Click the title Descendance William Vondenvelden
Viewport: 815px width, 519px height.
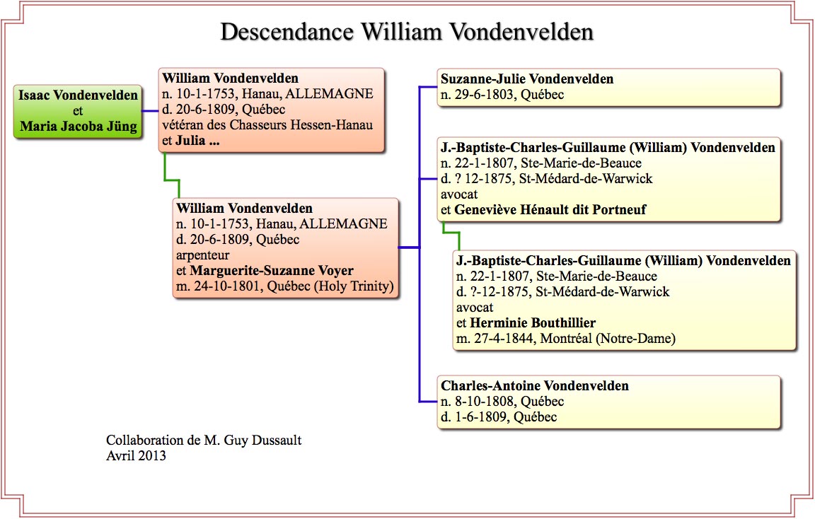pos(407,32)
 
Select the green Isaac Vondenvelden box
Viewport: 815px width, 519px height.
pos(78,111)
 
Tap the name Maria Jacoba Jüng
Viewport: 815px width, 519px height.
pos(79,127)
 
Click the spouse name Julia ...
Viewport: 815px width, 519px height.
pos(190,140)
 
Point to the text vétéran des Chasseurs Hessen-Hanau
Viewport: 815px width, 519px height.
pos(267,124)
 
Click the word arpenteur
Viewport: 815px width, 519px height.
pos(203,255)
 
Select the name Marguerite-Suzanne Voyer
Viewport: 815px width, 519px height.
pos(272,271)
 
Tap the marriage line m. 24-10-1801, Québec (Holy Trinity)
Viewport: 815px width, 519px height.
pos(285,286)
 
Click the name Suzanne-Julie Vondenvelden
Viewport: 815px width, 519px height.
pos(527,79)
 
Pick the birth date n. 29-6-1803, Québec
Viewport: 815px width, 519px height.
pos(502,95)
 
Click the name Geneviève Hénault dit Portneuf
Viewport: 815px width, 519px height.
pos(550,210)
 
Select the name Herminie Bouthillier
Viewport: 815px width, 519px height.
pos(533,323)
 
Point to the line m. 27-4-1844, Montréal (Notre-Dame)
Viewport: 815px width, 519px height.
pos(566,339)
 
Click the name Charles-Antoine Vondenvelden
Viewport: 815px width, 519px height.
pos(535,386)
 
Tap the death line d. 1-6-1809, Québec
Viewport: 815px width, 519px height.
pos(499,417)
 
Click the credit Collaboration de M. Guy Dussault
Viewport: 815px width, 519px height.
pos(204,441)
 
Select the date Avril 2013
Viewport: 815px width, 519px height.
pos(136,456)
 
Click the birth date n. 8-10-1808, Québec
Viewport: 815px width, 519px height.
pos(502,402)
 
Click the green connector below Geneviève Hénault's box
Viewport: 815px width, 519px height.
pos(451,235)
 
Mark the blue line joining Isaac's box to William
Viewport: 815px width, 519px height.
pos(150,110)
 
